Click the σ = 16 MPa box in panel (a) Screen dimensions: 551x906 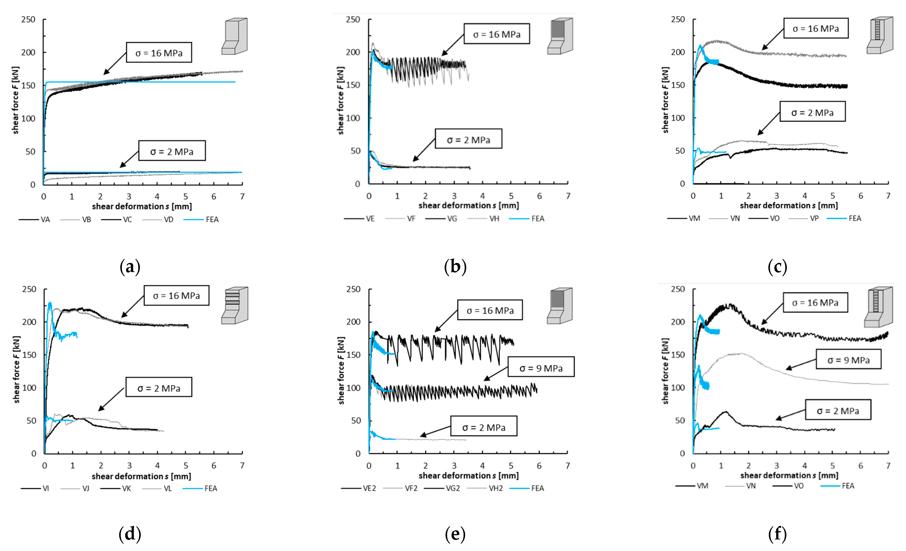tap(159, 52)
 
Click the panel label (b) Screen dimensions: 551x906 tap(455, 266)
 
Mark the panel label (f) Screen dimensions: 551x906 tap(777, 534)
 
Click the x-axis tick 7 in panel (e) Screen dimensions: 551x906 tap(568, 466)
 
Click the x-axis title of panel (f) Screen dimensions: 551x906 tap(789, 475)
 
